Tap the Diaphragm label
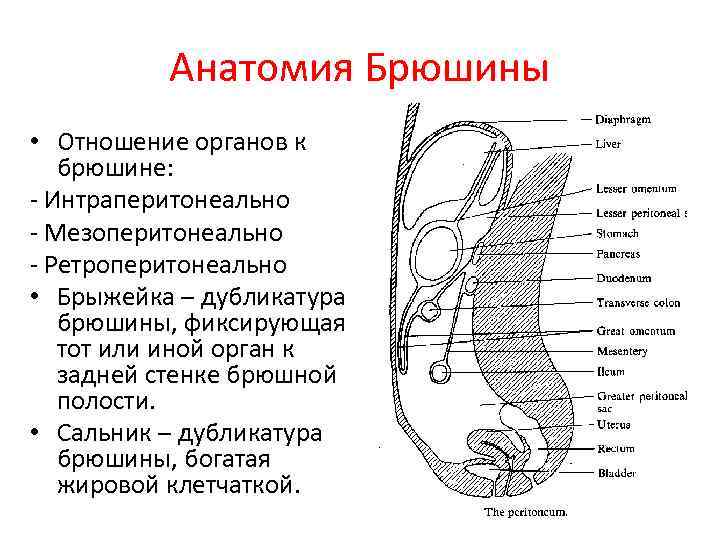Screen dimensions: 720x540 [623, 119]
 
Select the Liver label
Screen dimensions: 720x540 [608, 144]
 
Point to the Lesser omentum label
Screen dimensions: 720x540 [636, 188]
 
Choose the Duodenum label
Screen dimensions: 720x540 [623, 278]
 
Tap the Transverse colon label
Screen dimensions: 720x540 [638, 303]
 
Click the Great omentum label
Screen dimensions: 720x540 [635, 331]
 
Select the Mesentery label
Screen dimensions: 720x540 [622, 351]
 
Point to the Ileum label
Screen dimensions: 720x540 [610, 371]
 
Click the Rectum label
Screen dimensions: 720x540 [615, 449]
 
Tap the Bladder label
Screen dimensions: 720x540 [616, 474]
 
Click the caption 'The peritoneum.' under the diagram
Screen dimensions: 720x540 [526, 512]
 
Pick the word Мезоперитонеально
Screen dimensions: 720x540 [163, 233]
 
